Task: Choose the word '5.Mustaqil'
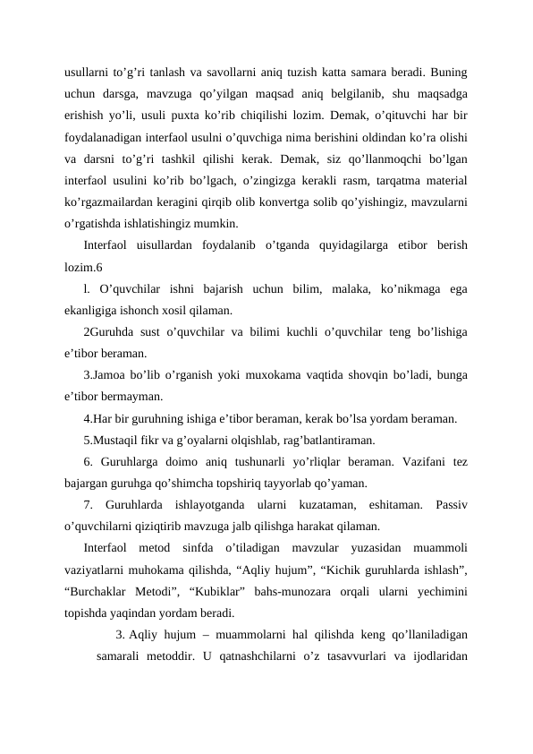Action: click(x=114, y=440)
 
